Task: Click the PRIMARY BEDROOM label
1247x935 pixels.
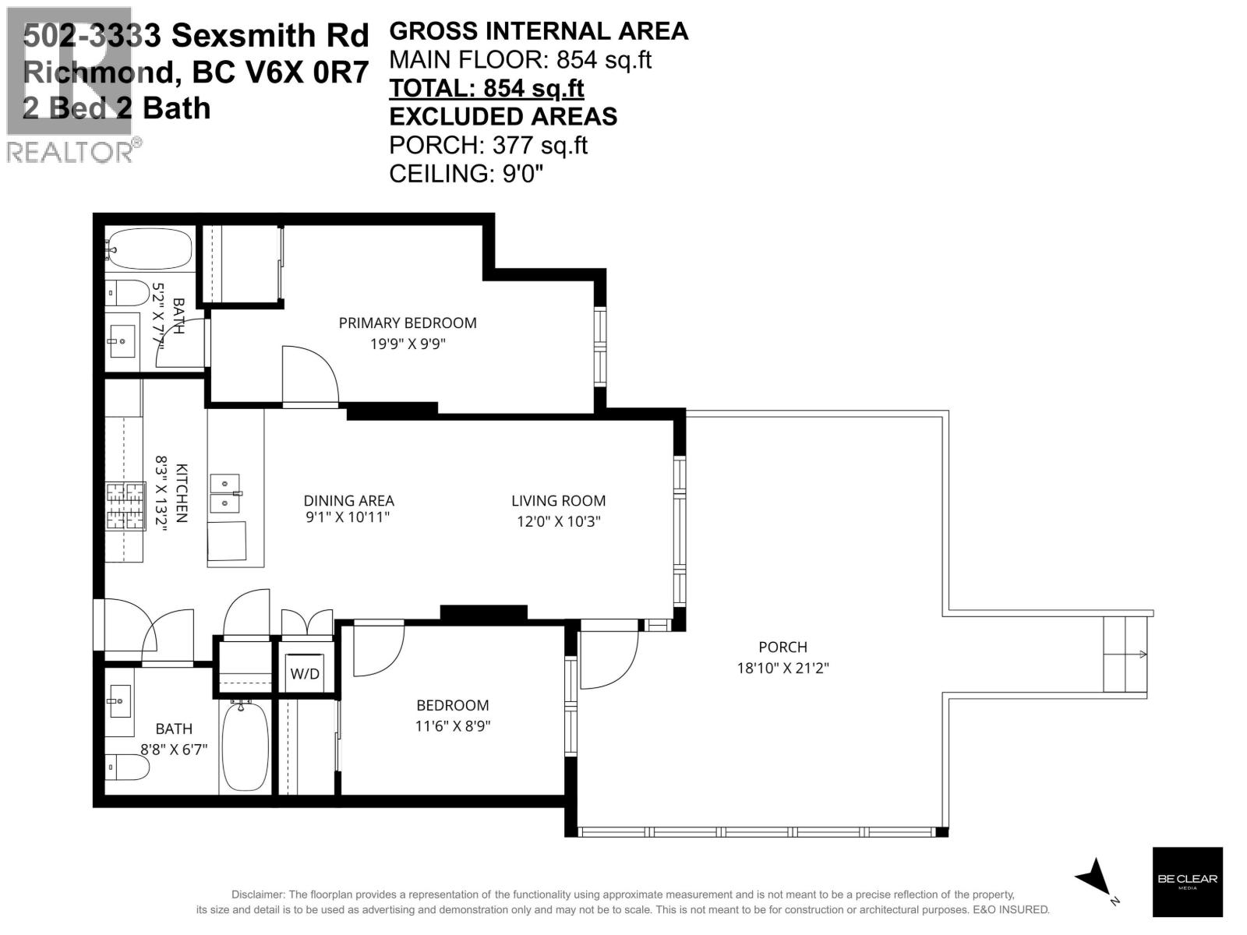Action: (x=407, y=323)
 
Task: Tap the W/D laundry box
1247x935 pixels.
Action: (x=305, y=673)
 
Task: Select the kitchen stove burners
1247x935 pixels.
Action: (x=125, y=506)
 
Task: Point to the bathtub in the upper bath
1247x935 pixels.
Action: (x=148, y=249)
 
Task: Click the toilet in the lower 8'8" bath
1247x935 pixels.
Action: (x=126, y=767)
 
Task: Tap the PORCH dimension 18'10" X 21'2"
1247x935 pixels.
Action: (x=782, y=668)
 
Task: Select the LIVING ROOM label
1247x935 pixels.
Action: (x=558, y=501)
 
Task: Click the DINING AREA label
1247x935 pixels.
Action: (x=348, y=501)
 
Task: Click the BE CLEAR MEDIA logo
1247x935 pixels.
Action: (x=1187, y=881)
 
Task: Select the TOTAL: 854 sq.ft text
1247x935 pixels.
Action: (x=486, y=88)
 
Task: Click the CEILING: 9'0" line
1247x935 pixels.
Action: (x=465, y=173)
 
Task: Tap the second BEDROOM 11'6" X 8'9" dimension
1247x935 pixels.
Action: (x=452, y=726)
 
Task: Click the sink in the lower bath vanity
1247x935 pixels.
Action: (x=119, y=701)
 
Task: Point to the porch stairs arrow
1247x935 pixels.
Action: (x=1142, y=654)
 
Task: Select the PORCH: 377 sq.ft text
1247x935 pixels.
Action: (x=488, y=145)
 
